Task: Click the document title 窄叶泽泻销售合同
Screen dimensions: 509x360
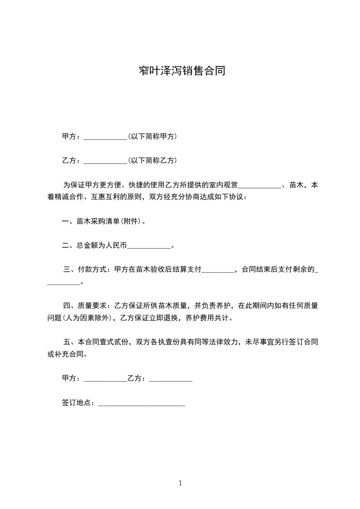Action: coord(182,71)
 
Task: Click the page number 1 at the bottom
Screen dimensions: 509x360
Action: coord(180,483)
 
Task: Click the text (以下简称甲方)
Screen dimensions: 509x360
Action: coord(153,137)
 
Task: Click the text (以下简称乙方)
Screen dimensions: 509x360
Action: coord(153,161)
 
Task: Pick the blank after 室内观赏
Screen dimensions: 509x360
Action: coord(260,186)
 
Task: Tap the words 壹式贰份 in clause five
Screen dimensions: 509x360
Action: coord(115,342)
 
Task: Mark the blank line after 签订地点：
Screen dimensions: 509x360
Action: coord(142,404)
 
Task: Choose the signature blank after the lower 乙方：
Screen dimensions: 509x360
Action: coord(170,380)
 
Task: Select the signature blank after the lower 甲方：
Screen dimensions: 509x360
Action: coord(106,380)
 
